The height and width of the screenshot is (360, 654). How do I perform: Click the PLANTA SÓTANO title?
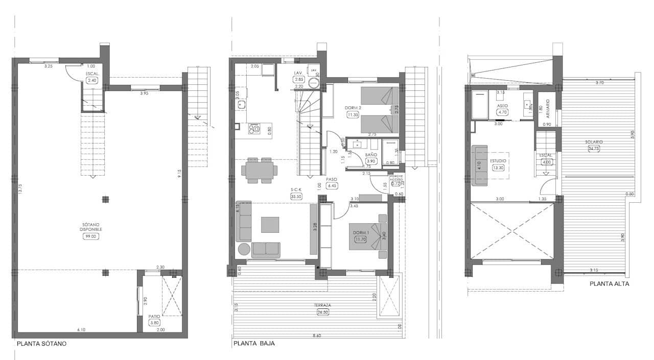point(41,344)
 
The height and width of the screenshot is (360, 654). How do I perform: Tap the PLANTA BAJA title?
point(254,344)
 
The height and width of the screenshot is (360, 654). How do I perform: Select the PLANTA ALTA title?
point(609,284)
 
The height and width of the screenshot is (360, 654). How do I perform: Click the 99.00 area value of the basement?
point(91,236)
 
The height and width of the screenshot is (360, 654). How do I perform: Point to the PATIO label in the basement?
point(154,316)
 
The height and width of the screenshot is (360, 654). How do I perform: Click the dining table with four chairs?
point(260,170)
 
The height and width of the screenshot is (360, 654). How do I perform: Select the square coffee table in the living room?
point(270,225)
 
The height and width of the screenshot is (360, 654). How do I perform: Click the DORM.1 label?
point(361,233)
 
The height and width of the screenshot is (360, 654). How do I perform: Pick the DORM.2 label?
point(353,108)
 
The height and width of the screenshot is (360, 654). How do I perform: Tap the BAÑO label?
point(371,154)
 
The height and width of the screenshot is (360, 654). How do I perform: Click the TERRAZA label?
point(322,305)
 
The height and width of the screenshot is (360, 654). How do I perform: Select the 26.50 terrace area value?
point(322,312)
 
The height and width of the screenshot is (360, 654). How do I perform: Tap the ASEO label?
point(502,106)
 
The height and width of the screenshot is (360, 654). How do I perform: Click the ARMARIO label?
point(547,108)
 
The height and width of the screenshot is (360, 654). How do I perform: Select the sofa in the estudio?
point(480,165)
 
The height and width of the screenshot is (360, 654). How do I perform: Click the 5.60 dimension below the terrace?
point(317,335)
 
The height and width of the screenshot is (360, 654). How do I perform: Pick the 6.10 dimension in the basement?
point(81,330)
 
